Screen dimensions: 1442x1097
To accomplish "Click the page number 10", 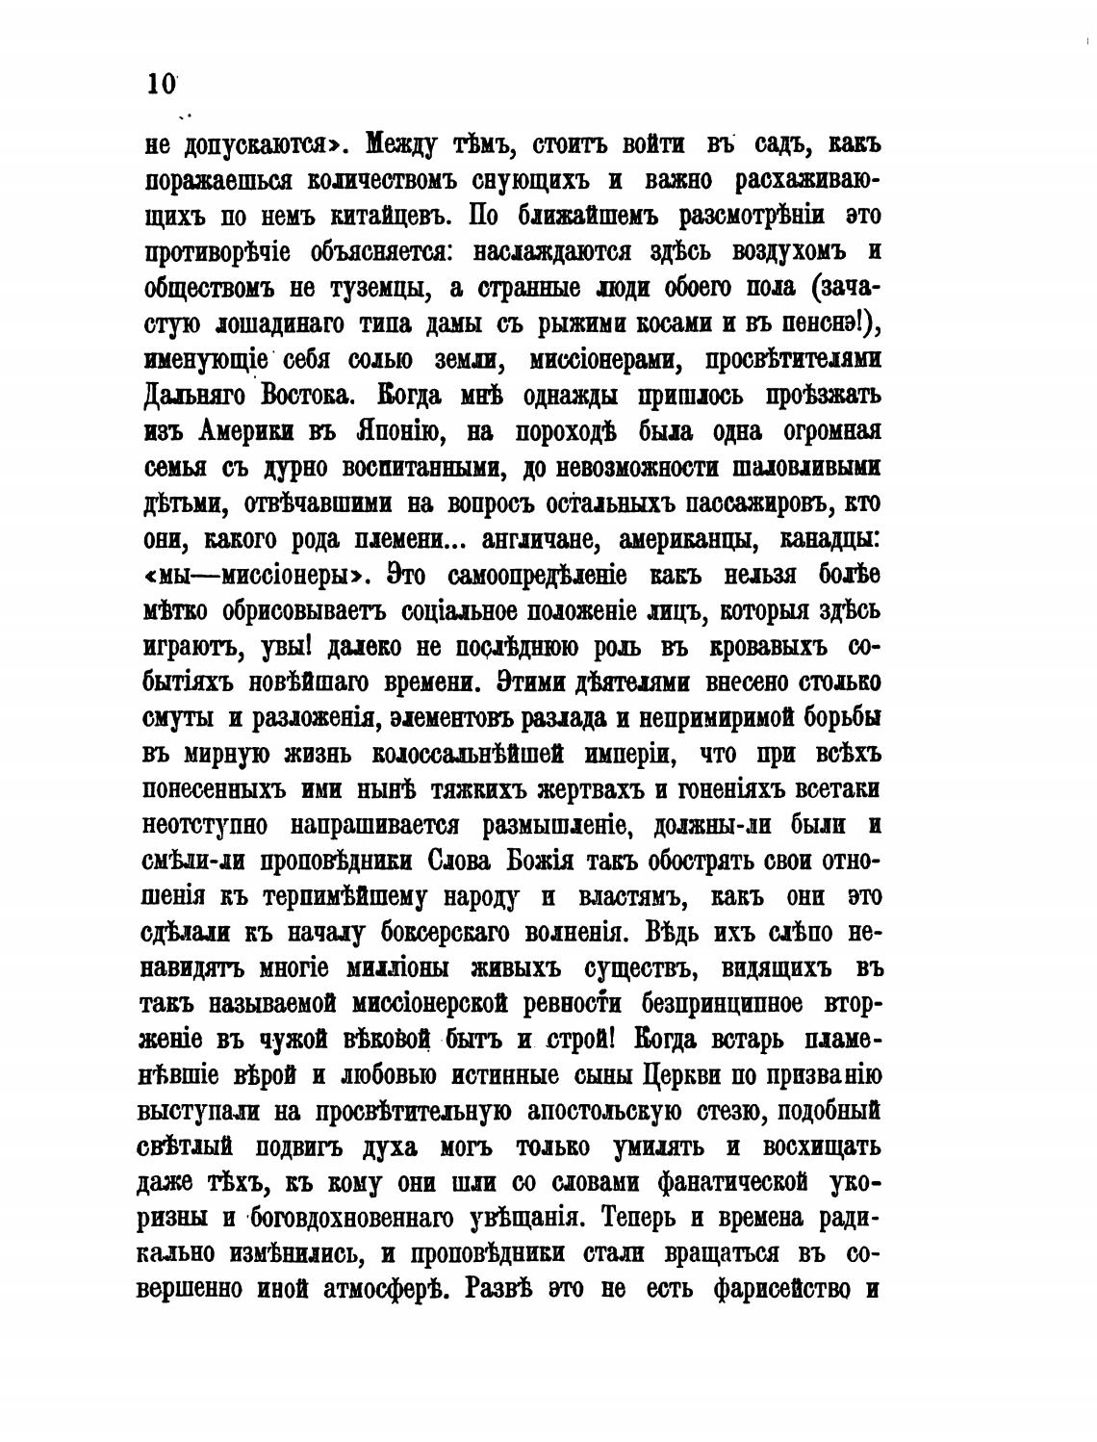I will (161, 84).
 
